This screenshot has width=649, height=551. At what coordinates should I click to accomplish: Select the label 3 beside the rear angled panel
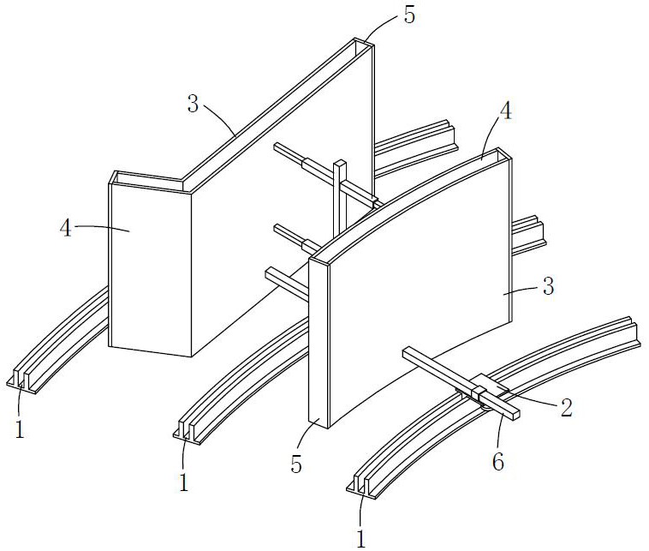click(x=193, y=105)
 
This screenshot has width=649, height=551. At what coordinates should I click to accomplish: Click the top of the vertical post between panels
click(x=340, y=165)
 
